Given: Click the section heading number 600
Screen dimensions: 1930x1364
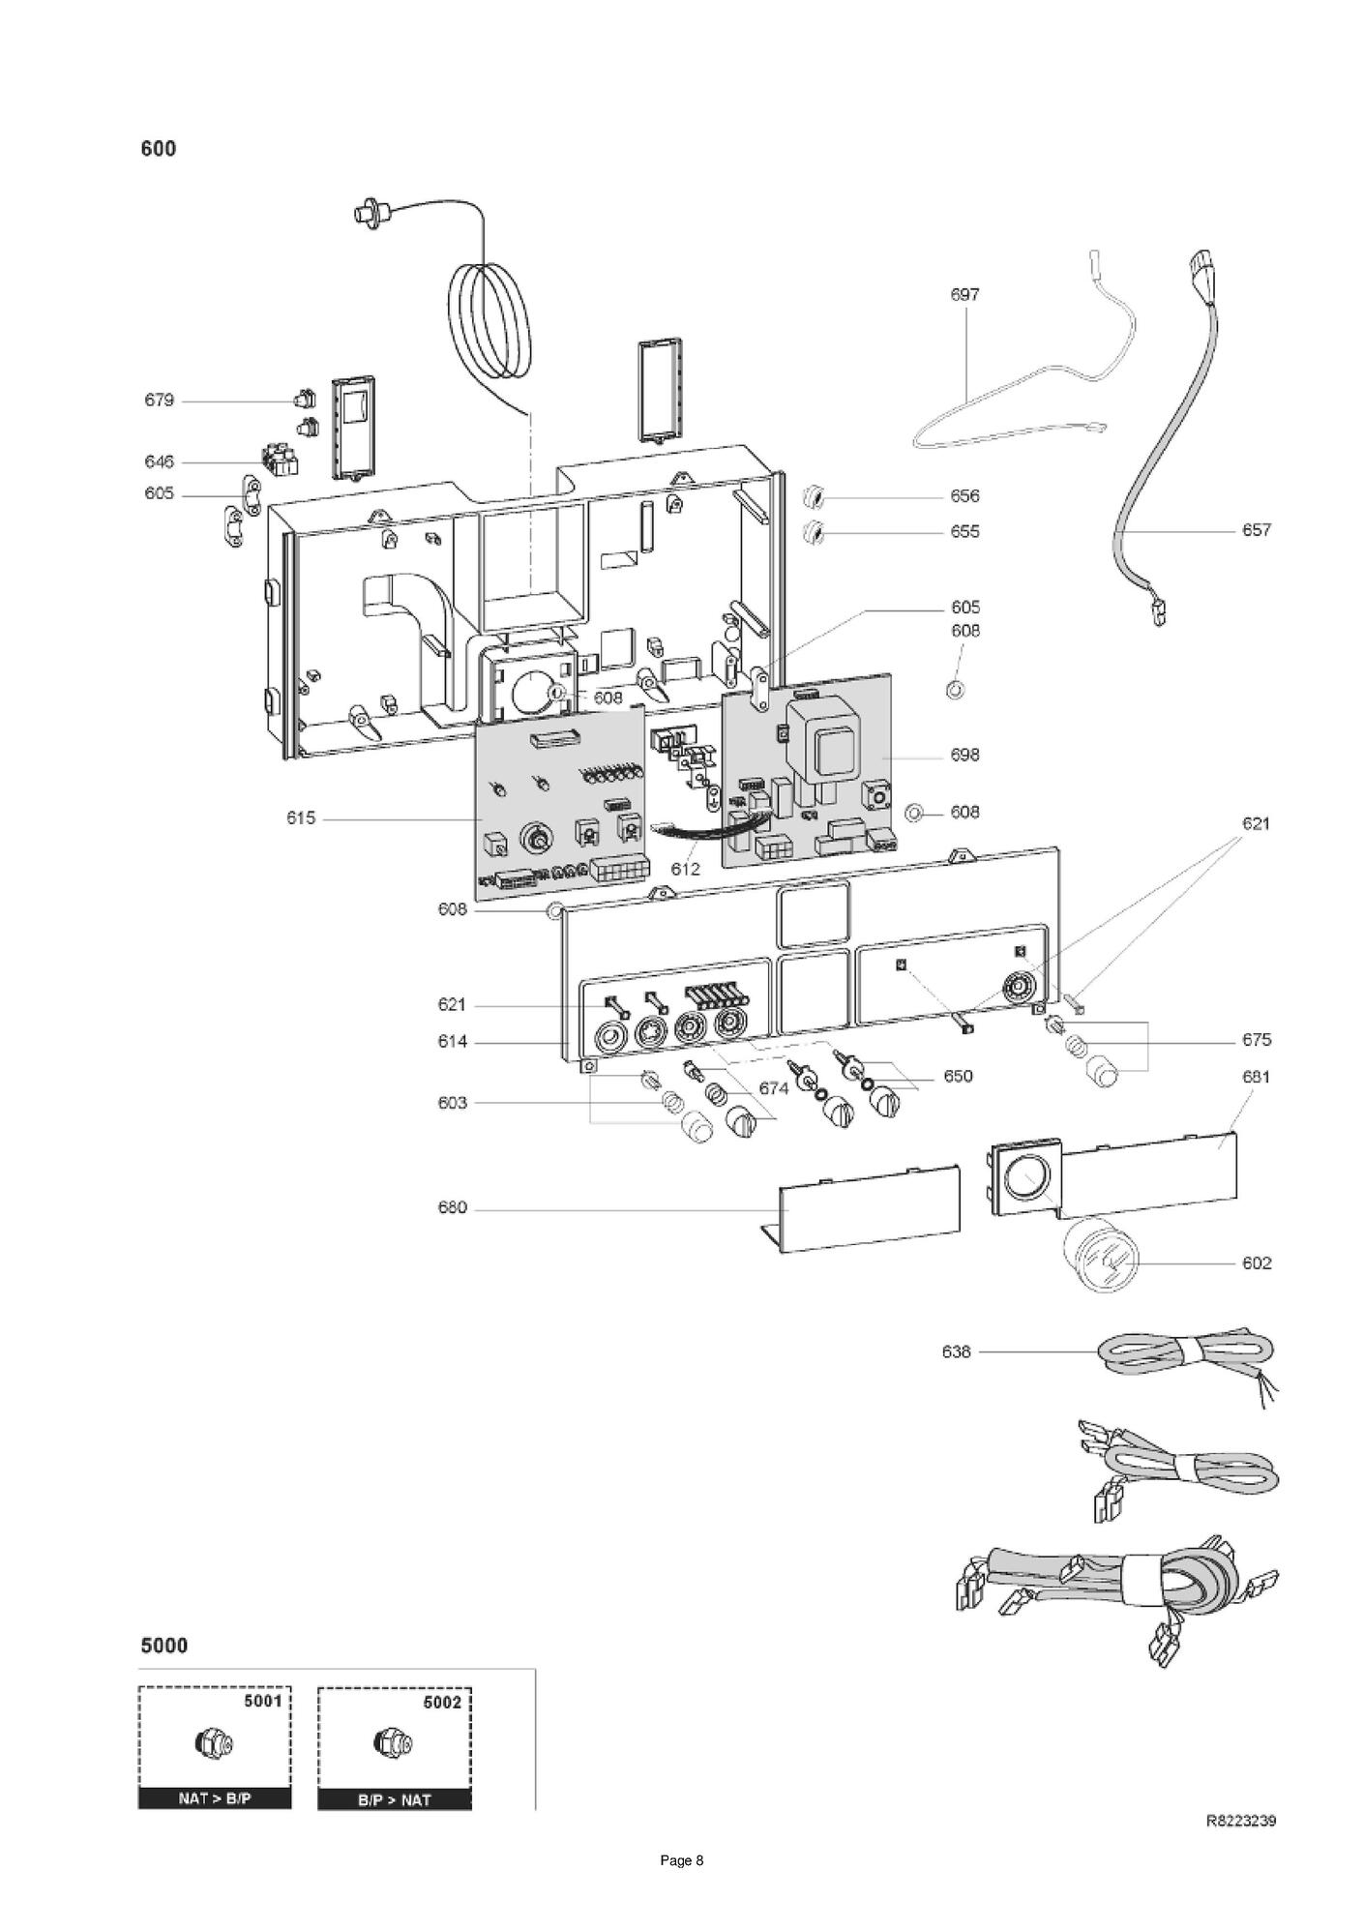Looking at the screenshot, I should point(159,148).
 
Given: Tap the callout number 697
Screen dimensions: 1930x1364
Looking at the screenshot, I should point(964,295).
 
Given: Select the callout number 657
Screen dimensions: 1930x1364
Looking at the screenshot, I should point(1257,530).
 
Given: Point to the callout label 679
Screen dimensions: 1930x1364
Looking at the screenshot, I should point(160,401).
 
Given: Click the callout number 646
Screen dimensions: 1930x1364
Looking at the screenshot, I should point(160,462).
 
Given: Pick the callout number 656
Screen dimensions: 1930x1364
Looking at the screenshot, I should point(964,496).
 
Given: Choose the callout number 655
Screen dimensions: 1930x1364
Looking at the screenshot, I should point(964,532).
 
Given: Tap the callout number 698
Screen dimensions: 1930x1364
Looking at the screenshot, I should point(964,756).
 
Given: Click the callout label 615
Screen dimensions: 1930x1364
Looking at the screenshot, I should point(301,818).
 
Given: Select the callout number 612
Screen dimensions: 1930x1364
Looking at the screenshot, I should point(685,869).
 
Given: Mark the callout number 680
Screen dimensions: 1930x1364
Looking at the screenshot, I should point(453,1208).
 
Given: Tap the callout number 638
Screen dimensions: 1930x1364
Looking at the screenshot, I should point(956,1351).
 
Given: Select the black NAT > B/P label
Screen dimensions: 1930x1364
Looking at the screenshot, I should point(215,1799).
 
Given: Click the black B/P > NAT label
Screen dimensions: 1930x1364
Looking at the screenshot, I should point(395,1800).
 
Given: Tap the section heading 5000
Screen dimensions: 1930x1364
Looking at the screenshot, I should point(164,1646).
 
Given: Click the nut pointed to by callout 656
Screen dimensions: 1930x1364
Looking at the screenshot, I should point(814,497).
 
